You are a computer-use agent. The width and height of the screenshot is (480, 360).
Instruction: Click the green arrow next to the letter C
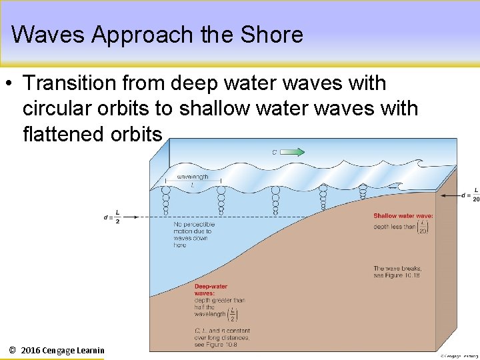[x=292, y=152]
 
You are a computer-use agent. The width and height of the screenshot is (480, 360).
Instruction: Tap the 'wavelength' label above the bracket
[x=192, y=177]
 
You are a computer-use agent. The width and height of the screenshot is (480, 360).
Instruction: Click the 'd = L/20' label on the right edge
[x=469, y=195]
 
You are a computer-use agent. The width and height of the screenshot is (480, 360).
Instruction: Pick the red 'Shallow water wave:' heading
[x=403, y=216]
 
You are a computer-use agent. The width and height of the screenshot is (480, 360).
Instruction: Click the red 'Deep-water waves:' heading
[x=211, y=289]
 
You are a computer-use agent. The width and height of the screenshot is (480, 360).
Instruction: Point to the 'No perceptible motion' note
[x=194, y=235]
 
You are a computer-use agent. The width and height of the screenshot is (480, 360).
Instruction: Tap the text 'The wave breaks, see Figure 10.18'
[x=397, y=271]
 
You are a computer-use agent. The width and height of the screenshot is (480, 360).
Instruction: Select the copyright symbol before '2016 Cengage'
[x=12, y=350]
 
